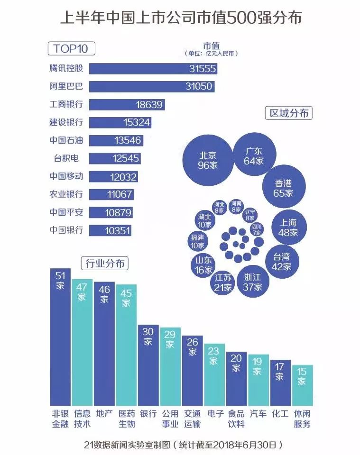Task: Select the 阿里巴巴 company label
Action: click(x=66, y=86)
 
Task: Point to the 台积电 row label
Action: click(x=66, y=158)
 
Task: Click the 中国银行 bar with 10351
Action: click(x=110, y=231)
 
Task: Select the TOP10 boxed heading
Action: click(x=71, y=49)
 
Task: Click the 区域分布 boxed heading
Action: click(x=289, y=113)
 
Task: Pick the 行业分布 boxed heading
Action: click(x=105, y=263)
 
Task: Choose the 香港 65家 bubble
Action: click(x=283, y=188)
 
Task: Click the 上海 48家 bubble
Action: click(x=288, y=227)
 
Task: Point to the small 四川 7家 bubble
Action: click(x=256, y=229)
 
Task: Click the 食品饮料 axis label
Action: click(x=236, y=419)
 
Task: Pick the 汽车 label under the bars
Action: click(x=258, y=414)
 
